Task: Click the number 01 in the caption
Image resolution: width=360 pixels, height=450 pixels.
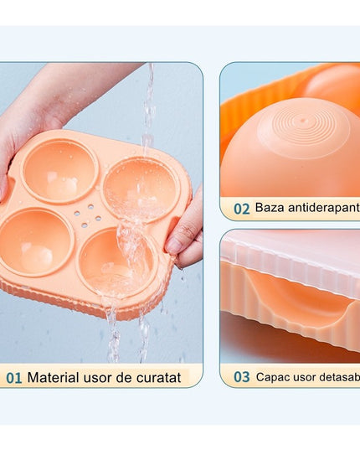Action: pos(14,378)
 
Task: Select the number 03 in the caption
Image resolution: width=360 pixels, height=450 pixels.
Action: pos(241,377)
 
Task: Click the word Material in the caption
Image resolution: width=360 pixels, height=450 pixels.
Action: pos(54,378)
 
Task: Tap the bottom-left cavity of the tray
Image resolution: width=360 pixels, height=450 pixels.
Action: pos(35,241)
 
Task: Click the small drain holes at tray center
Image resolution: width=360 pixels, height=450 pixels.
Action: pos(85,217)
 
